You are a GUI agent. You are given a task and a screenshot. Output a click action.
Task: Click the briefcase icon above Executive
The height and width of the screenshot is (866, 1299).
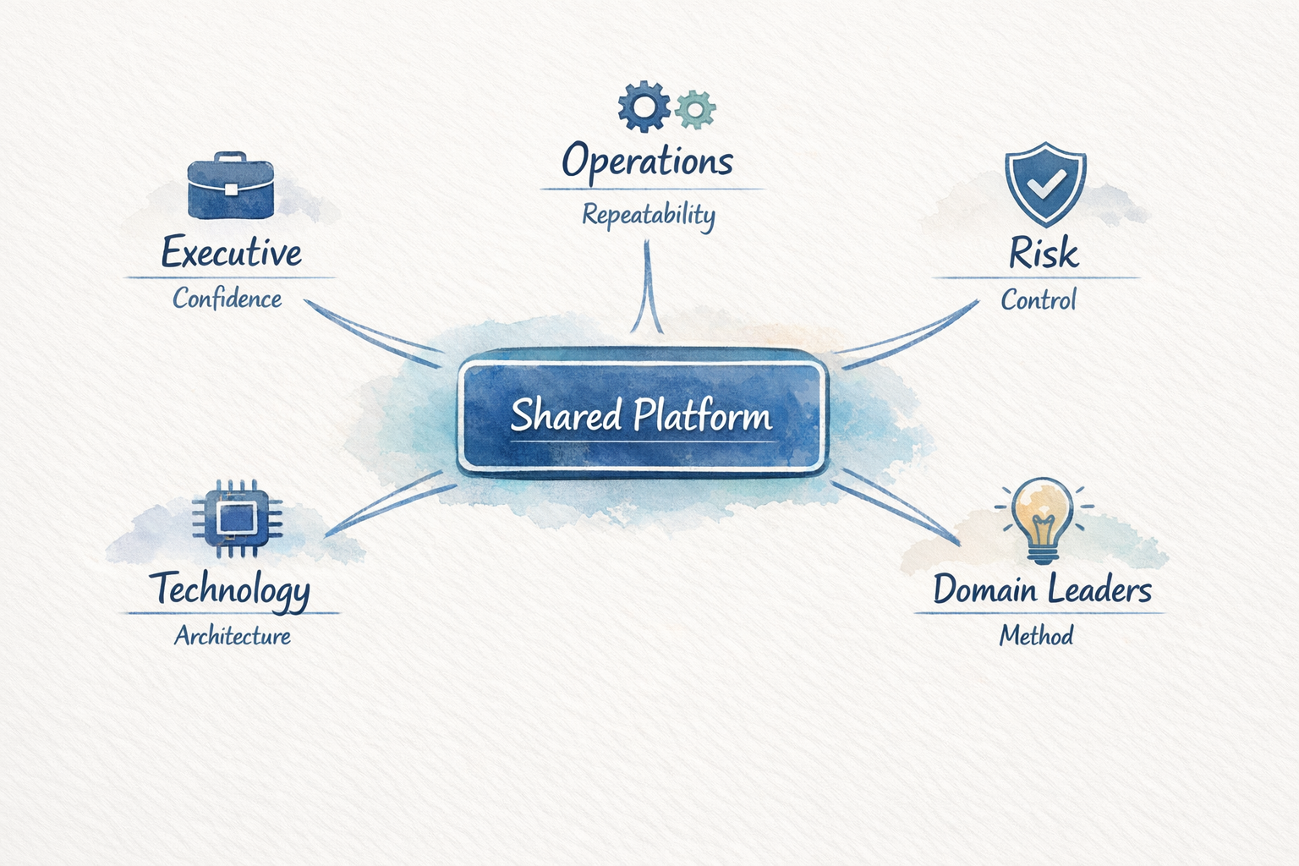pos(231,186)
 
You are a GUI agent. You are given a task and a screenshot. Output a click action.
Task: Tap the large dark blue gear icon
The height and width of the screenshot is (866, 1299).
pos(644,107)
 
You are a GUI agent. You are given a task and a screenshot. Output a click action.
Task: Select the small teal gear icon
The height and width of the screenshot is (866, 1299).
pos(695,109)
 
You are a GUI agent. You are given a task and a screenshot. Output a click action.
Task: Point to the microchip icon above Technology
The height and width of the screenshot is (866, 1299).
pos(237,518)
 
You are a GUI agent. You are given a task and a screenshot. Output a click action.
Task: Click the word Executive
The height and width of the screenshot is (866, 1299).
pos(231,253)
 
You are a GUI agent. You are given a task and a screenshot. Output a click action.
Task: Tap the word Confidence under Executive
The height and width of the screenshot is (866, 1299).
pos(227,299)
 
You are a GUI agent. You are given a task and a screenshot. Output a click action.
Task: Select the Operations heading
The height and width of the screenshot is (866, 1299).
pos(647,162)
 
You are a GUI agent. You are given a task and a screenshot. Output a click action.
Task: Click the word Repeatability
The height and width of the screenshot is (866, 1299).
pos(649,215)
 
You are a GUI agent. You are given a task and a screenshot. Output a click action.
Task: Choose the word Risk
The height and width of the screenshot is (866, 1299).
pos(1044,253)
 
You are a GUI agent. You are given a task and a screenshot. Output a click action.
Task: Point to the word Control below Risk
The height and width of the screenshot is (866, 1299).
pos(1039,299)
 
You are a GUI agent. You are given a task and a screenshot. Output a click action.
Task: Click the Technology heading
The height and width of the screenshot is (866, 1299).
pos(230,589)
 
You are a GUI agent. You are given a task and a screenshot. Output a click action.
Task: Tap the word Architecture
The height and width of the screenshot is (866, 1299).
pos(233,636)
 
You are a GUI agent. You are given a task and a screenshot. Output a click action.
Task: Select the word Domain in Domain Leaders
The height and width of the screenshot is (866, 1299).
pos(984,589)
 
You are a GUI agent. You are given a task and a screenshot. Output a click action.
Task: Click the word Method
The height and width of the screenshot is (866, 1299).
pos(1036,635)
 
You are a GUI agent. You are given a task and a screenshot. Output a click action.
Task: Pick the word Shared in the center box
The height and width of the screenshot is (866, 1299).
pos(566,415)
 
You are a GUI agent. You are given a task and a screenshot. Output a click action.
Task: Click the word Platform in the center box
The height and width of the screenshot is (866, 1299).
pos(703,416)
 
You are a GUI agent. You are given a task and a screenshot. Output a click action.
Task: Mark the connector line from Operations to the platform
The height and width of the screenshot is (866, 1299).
pos(647,288)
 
